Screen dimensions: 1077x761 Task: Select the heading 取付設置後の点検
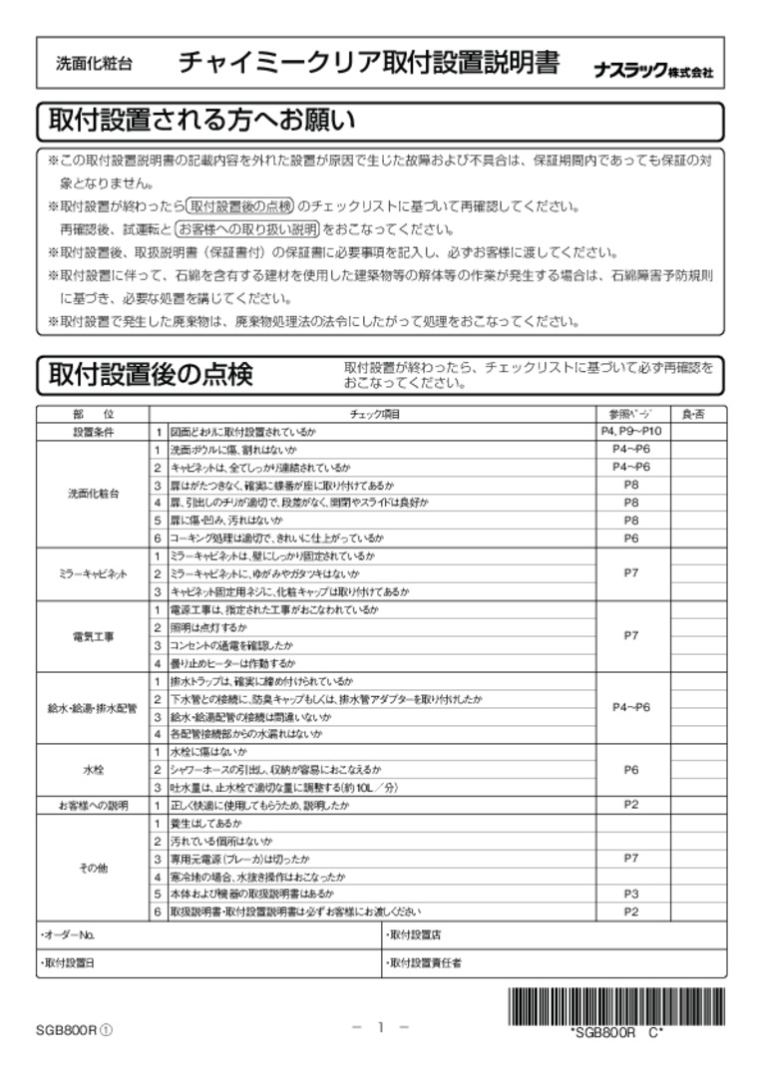coord(151,375)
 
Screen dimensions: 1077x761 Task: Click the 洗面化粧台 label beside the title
coord(93,66)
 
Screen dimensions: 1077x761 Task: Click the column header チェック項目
coord(375,414)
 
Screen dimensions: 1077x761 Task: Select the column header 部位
coord(93,414)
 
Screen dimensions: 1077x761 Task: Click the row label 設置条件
coord(93,432)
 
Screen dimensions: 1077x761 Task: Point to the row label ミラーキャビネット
coord(93,574)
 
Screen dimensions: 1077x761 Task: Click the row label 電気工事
coord(93,636)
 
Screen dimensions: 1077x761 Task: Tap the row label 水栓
coord(93,769)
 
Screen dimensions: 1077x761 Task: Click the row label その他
coord(93,868)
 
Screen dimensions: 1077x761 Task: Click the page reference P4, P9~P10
coord(631,432)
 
